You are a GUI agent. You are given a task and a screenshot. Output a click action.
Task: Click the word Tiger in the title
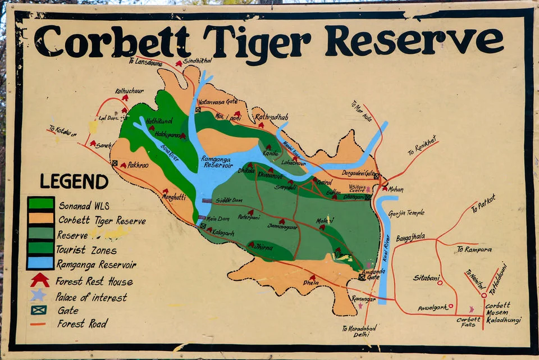click(257, 41)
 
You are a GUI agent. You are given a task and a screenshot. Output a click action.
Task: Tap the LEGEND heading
click(74, 181)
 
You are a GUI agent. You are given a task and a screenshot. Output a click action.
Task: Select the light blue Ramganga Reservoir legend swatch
click(41, 262)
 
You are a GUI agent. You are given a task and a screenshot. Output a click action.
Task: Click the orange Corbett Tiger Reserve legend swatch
click(41, 218)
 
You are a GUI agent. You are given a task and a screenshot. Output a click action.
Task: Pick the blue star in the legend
click(38, 295)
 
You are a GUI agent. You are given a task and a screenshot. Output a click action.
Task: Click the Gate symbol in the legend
click(38, 310)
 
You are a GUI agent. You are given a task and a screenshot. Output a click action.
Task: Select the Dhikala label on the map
click(246, 170)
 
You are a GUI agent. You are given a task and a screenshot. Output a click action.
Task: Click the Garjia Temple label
click(406, 213)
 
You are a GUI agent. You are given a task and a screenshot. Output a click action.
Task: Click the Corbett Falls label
click(468, 322)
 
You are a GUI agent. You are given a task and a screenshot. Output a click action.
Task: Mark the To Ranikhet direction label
click(422, 149)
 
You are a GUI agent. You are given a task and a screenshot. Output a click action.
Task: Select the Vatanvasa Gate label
click(218, 102)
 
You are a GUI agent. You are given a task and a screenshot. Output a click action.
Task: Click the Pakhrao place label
click(138, 166)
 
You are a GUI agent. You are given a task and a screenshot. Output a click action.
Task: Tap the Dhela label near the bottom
click(310, 282)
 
